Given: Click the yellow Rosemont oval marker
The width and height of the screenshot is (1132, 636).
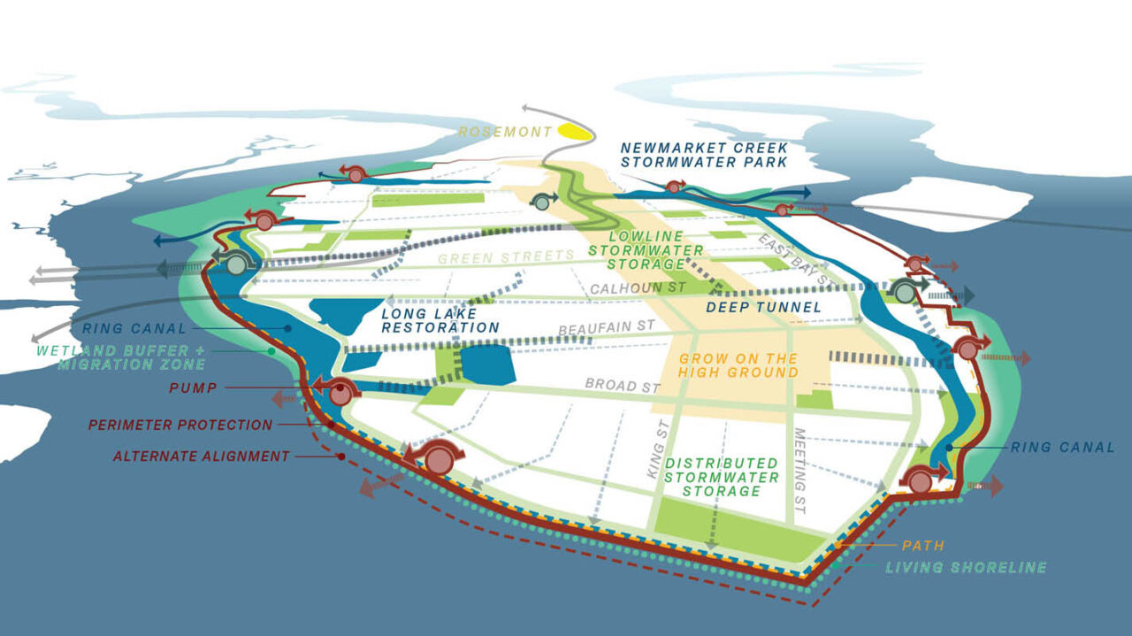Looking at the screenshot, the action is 577,133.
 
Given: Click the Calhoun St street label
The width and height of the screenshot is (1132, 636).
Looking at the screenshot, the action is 627,288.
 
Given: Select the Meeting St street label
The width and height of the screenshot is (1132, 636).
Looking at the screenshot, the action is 800,461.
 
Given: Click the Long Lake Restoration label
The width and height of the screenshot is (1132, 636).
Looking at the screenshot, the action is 440,320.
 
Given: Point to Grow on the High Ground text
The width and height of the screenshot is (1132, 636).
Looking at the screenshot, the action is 738,365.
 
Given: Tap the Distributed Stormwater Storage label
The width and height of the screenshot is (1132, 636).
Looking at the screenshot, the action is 722,477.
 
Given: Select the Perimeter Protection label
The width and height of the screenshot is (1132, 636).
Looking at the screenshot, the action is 180,425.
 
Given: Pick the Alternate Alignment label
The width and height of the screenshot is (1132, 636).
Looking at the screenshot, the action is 202,456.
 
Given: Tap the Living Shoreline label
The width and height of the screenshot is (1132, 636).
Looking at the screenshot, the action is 966,567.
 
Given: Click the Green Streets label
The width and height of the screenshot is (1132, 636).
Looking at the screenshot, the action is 506,258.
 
